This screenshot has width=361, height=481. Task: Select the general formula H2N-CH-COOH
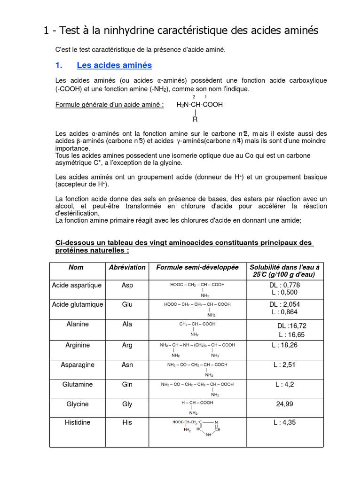(x=199, y=105)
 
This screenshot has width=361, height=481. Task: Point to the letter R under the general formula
(x=195, y=119)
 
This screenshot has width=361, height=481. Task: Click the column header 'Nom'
(x=76, y=267)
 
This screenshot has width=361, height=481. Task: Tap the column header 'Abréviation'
(x=127, y=267)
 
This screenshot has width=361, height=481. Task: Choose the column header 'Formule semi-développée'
(x=197, y=267)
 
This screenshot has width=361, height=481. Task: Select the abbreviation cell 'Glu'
(x=127, y=304)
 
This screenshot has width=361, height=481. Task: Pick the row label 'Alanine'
(x=77, y=324)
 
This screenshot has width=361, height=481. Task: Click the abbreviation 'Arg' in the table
(x=127, y=345)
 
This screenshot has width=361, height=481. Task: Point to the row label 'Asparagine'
(x=78, y=365)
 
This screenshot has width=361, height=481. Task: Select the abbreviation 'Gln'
(x=127, y=384)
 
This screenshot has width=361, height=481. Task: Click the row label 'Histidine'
(x=78, y=422)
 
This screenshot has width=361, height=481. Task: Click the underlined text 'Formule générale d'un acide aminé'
(x=110, y=105)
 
